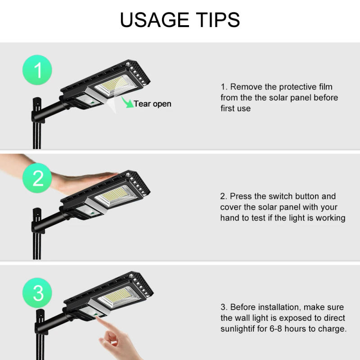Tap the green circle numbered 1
tap(38, 71)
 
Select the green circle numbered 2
tap(38, 179)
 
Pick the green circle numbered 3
tap(38, 293)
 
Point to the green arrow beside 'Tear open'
tap(128, 103)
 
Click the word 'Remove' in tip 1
tap(246, 87)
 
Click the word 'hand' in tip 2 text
tap(230, 218)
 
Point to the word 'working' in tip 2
tap(329, 218)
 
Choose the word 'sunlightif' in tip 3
tap(238, 329)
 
